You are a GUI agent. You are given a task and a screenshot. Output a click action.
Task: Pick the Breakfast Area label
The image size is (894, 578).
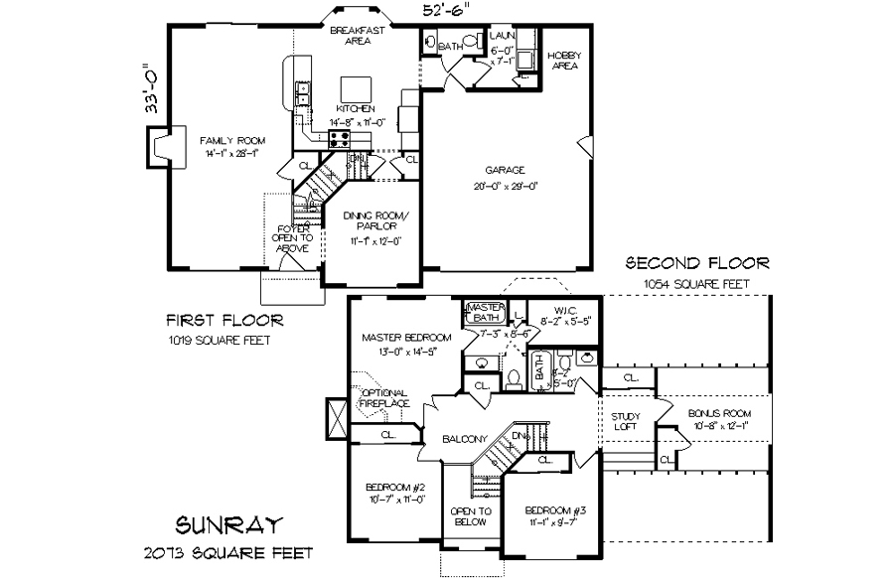tap(351, 36)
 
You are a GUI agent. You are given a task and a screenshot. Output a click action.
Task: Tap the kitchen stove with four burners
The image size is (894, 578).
tap(339, 139)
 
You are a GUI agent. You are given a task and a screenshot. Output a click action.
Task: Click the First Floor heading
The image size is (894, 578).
tap(223, 320)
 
